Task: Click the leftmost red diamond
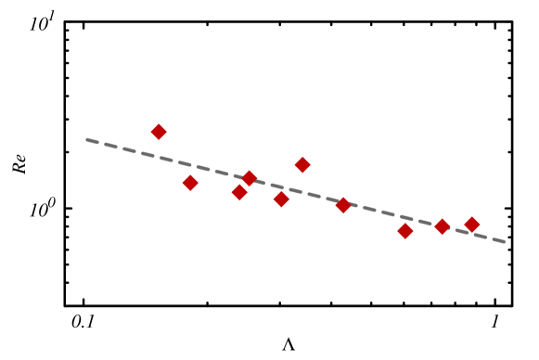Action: pos(159,132)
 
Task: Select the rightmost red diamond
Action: pos(471,224)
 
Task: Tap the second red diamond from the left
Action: pos(190,183)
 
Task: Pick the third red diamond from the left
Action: pos(239,192)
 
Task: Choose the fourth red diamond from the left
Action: pos(250,178)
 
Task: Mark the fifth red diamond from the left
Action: pos(281,199)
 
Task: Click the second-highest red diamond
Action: pos(302,164)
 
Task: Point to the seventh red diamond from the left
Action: pos(343,205)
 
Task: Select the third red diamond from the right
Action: pos(405,230)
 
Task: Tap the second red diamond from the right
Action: pos(443,225)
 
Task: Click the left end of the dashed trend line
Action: pos(86,140)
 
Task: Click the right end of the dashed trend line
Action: pos(505,241)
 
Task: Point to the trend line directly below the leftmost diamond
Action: pos(159,157)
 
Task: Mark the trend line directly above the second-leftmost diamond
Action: pos(190,165)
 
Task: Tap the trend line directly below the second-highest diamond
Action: pos(302,192)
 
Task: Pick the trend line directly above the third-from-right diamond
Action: pos(405,217)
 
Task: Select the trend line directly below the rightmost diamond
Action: pos(471,233)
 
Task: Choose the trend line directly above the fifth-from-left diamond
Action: pos(281,187)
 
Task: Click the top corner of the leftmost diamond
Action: pos(159,123)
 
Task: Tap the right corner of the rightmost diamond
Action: pos(480,224)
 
